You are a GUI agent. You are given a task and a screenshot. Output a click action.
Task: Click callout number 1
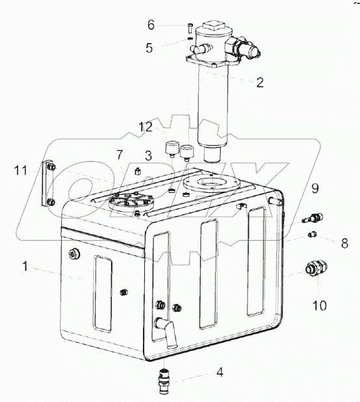25,266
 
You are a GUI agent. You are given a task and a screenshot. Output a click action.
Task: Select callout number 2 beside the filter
260,82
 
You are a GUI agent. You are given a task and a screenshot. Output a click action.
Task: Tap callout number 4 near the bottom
220,372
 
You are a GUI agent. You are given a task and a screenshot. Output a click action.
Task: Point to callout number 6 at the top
151,25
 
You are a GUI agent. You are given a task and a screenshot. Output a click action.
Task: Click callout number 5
149,47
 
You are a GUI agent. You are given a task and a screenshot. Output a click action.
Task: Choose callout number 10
320,306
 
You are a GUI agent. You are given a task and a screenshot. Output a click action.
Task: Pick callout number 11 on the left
21,170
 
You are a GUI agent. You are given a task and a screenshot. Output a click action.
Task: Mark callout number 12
146,127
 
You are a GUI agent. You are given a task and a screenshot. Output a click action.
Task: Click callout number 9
315,188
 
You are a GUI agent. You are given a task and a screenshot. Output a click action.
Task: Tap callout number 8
344,243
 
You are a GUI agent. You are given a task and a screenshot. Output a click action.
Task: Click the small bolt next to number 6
189,27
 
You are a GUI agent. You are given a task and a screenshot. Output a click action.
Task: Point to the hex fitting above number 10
316,269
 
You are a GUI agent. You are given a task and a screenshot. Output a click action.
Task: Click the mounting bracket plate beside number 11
48,183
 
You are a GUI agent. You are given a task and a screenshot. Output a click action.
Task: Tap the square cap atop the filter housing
213,26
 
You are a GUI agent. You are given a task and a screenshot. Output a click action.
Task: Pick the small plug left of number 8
312,234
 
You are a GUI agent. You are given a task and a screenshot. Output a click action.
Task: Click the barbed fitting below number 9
313,218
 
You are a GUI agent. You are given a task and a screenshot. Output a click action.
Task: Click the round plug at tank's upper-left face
74,255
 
